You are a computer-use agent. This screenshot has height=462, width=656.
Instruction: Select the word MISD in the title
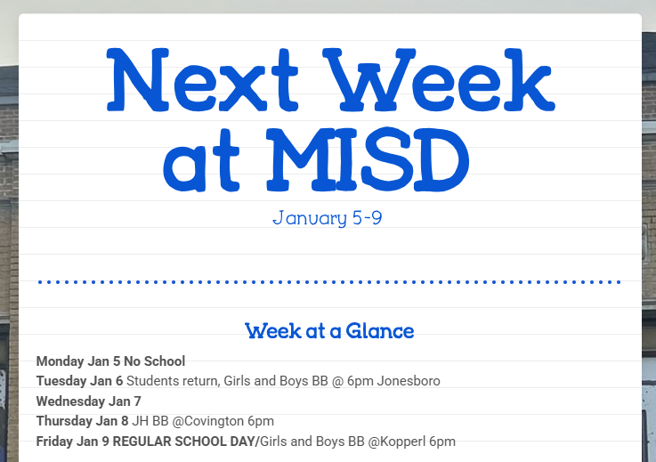point(368,160)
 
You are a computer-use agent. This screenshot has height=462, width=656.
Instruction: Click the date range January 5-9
point(328,218)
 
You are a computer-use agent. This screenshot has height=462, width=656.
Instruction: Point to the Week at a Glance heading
point(329,331)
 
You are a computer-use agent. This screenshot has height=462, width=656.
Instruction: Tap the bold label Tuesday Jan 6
point(80,381)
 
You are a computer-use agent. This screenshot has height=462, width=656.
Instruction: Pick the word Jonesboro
point(409,381)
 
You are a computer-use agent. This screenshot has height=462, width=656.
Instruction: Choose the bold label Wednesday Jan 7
point(89,401)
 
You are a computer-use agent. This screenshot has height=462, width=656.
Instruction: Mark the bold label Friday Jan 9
point(70,441)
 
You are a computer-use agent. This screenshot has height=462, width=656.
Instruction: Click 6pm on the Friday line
point(441,441)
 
